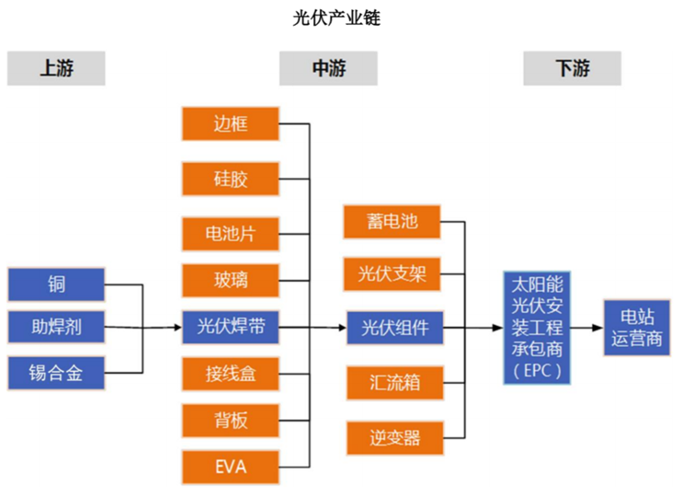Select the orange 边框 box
[229, 123]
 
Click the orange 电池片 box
[229, 234]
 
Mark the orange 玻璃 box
[229, 280]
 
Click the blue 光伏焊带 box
[229, 327]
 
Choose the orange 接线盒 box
[229, 374]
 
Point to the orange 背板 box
[229, 421]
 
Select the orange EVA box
[229, 467]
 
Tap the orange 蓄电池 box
[393, 222]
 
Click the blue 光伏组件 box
[393, 327]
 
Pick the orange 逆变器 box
[393, 437]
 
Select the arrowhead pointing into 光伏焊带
[176, 327]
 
